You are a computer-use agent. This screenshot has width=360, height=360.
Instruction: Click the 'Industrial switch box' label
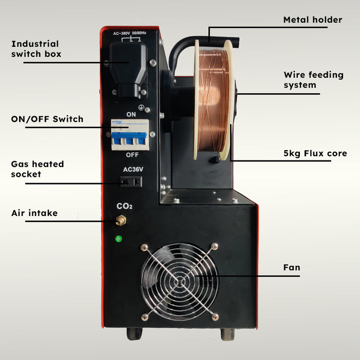pos(35,48)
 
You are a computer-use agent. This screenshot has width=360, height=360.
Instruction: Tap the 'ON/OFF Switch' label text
pos(47,119)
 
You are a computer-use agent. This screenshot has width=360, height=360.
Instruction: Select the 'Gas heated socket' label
pos(38,169)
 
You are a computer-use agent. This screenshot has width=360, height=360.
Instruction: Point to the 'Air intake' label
pos(34,213)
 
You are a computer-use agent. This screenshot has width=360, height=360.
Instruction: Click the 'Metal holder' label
pos(313,20)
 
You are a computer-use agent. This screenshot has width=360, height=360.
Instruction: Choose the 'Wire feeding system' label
pos(313,80)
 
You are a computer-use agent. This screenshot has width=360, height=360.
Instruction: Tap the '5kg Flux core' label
pos(315,153)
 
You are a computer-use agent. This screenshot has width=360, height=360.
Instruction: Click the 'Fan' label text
pos(292,267)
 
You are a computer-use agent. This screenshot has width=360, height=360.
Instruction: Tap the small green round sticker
pos(119,239)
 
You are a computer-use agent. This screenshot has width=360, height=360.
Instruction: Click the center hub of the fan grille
pos(180,281)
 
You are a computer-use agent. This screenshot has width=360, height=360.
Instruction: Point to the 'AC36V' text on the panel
pos(132,169)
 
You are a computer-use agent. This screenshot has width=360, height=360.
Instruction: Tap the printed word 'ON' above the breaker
pos(131,114)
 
